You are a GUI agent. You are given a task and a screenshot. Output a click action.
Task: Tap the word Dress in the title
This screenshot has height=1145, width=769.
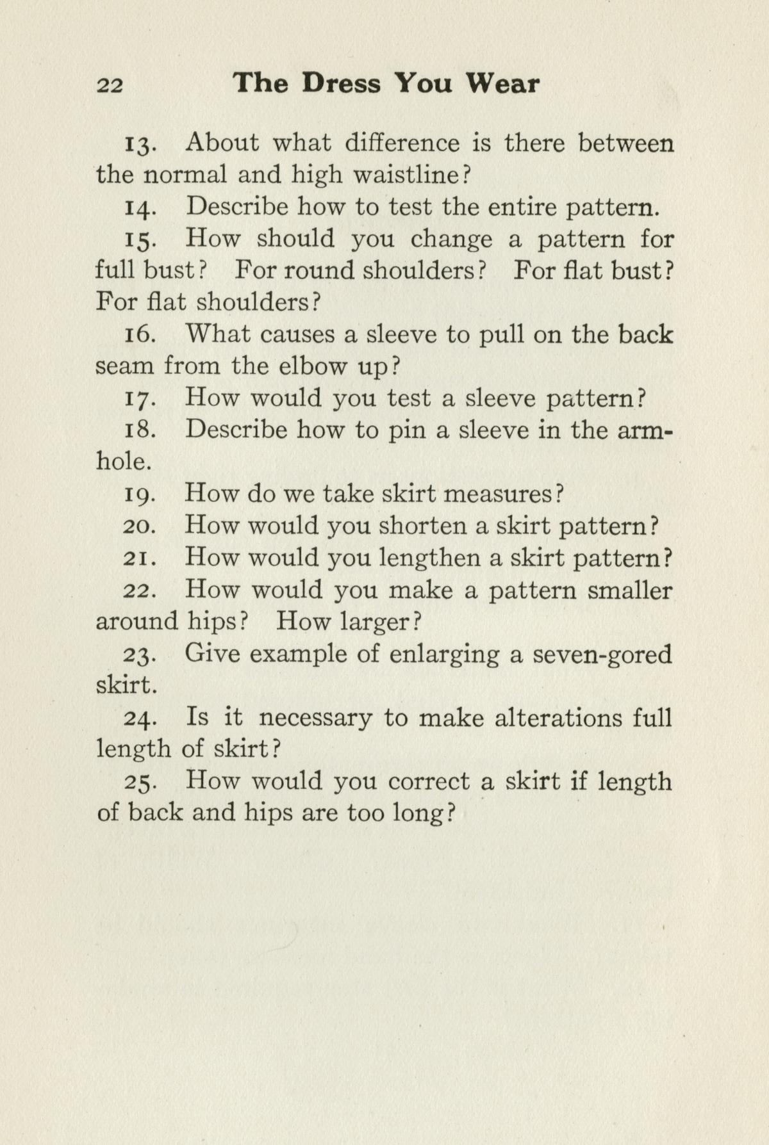(341, 84)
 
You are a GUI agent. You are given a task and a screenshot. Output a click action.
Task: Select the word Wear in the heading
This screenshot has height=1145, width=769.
(502, 84)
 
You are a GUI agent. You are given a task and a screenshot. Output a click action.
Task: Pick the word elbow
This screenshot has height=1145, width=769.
(311, 366)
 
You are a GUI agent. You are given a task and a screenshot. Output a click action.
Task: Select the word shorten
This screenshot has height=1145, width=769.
(422, 526)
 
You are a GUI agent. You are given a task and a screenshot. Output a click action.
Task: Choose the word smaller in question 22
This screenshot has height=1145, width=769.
(629, 590)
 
